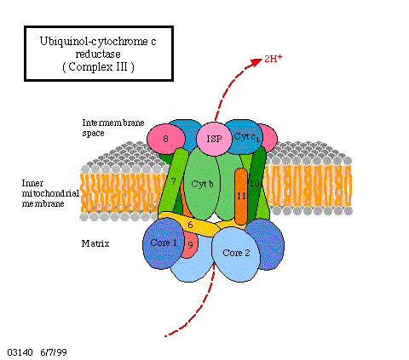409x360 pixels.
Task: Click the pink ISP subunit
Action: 214,139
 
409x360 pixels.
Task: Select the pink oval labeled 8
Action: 166,139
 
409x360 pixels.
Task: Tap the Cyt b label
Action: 202,184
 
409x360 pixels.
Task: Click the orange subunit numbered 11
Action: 241,197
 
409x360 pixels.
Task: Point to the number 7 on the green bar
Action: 173,181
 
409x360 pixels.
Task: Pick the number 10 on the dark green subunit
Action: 254,183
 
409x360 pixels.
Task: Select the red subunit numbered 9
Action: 188,245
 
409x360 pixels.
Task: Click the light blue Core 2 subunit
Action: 236,254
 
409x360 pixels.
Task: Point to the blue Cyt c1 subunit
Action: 244,137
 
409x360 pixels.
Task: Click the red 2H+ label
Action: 274,59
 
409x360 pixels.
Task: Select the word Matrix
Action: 95,243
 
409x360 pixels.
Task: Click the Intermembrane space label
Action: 113,128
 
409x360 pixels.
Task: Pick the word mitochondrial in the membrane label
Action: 50,193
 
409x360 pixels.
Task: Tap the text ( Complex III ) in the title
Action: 98,67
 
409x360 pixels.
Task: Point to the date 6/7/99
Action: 54,352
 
